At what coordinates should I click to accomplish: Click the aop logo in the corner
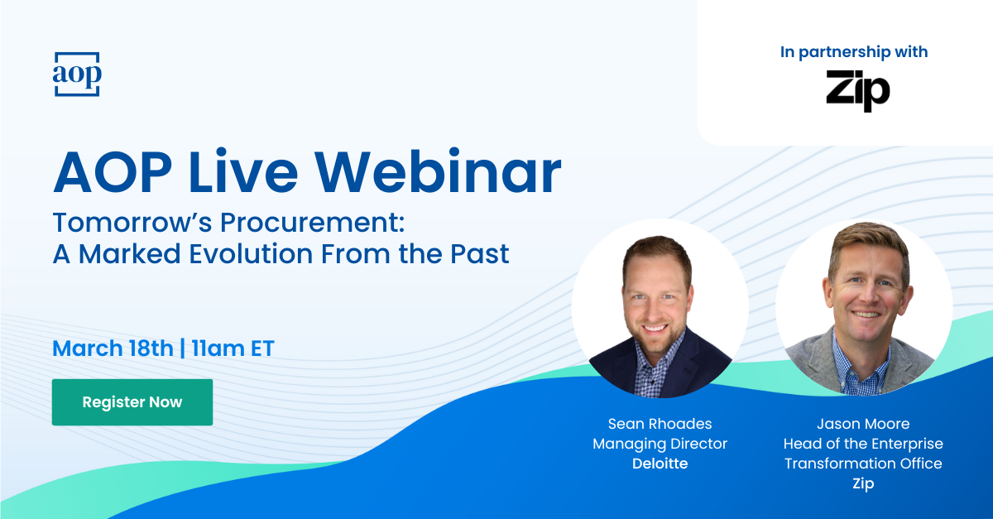click(77, 74)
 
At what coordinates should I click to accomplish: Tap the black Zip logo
click(858, 90)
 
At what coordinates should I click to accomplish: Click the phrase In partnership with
click(854, 52)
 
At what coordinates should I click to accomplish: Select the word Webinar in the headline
click(438, 171)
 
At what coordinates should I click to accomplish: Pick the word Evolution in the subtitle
click(252, 254)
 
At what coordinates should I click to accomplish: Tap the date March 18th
click(113, 348)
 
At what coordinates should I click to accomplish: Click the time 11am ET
click(233, 348)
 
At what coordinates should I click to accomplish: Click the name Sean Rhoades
click(660, 424)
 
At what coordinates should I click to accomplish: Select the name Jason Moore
click(863, 424)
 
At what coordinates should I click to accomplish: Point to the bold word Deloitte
click(660, 464)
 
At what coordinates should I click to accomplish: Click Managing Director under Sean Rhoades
click(660, 444)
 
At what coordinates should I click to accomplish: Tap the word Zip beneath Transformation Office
click(863, 483)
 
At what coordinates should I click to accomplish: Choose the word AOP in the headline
click(113, 171)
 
